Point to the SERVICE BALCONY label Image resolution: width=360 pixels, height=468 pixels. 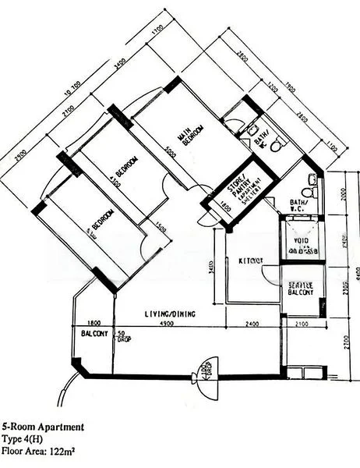(300, 291)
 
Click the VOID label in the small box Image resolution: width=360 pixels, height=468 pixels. (300, 241)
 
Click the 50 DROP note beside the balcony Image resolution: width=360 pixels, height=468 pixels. (122, 336)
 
